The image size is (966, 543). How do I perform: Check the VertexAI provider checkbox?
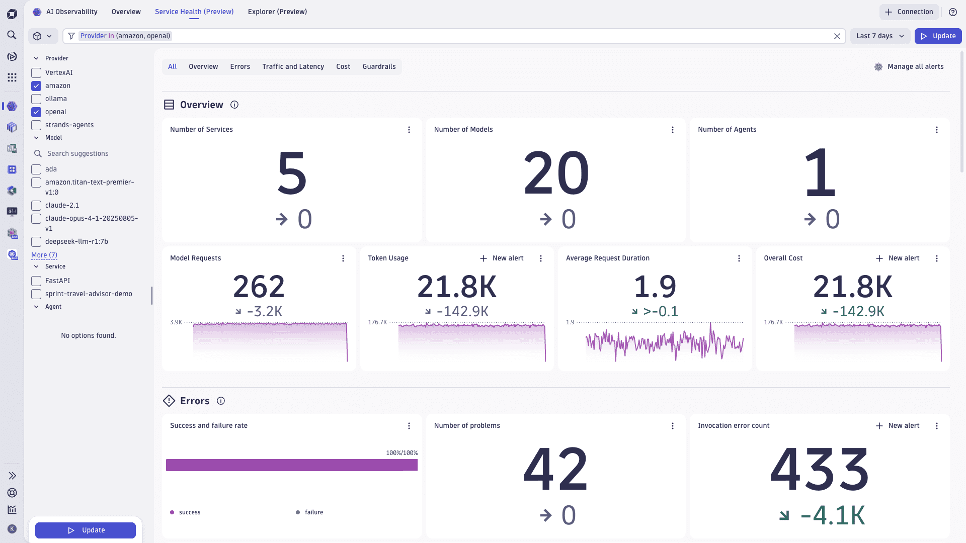coord(36,73)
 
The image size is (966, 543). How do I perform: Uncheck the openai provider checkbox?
coord(36,112)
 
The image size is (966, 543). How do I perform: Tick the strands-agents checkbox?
coord(36,125)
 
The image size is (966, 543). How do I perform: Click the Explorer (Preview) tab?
coord(277,12)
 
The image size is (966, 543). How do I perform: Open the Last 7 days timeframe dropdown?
coord(880,36)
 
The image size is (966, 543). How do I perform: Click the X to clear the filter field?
coord(837,36)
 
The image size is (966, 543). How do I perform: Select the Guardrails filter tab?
coord(379,67)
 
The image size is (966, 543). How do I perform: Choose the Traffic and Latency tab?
coord(293,67)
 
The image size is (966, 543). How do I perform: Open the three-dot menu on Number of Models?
coord(673,130)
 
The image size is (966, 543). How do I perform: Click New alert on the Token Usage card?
coord(502,258)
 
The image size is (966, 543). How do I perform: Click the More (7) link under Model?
coord(44,255)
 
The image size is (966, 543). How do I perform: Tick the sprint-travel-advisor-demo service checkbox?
coord(36,294)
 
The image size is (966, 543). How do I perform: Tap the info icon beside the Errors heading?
coord(221,401)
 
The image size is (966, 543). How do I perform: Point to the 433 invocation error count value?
coord(819,470)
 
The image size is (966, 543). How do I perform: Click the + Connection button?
coord(909,12)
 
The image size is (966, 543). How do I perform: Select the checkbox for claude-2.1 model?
coord(36,206)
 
